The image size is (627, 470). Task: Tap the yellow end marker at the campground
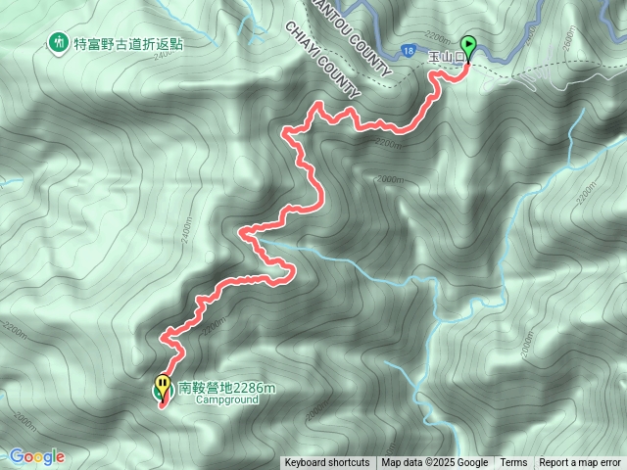[162, 386]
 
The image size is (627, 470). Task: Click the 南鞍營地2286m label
[226, 388]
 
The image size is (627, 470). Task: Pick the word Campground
[226, 400]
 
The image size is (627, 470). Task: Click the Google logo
[36, 456]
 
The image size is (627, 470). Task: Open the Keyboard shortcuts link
[327, 463]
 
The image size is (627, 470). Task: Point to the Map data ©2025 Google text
[435, 463]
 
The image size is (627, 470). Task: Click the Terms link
[513, 463]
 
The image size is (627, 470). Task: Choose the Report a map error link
[580, 463]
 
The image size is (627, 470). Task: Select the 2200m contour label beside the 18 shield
[388, 141]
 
